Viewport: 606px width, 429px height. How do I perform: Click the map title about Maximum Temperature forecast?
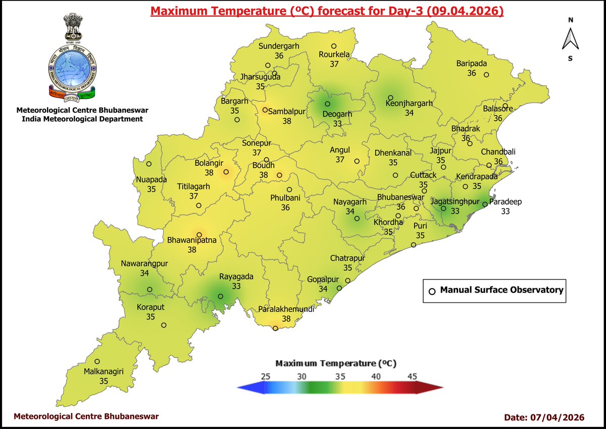point(327,11)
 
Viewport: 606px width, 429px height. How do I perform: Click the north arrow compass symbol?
point(570,39)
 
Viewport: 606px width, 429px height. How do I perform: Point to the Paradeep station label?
point(506,202)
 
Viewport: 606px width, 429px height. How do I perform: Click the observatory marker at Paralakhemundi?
point(275,328)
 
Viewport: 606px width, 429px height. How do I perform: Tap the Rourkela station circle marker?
point(333,46)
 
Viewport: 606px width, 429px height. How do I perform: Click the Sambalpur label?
point(287,112)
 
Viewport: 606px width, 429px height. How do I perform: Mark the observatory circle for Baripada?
point(486,75)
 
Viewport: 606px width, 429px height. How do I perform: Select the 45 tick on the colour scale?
point(412,376)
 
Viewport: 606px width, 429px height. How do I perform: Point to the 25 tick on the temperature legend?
point(266,376)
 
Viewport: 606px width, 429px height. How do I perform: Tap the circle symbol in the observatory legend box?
point(431,291)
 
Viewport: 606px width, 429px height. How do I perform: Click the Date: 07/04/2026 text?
point(544,417)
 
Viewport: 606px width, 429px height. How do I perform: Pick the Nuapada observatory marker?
point(149,164)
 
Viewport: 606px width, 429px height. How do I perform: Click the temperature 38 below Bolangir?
point(209,172)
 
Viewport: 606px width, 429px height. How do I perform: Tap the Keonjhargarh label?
point(409,104)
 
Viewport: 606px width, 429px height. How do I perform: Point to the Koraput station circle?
point(164,325)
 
